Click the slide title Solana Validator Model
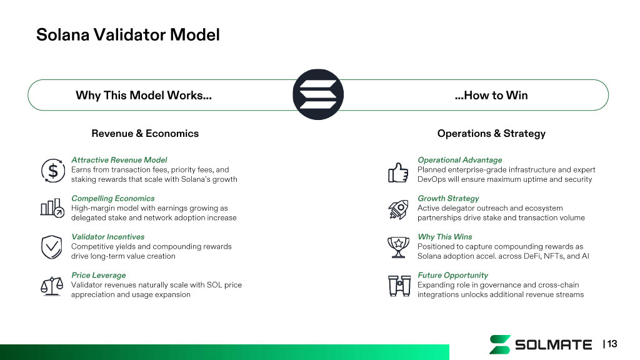coord(127,34)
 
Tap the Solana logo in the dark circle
coord(318,95)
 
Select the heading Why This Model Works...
coord(143,96)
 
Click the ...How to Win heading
coord(491,96)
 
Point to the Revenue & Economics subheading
coord(145,133)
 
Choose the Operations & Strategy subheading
coord(491,133)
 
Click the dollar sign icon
coord(52,170)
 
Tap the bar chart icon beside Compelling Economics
coord(51,208)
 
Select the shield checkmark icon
coord(51,247)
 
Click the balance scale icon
coord(52,284)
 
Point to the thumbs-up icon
coord(398,171)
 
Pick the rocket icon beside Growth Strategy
coord(398,209)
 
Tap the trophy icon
coord(398,246)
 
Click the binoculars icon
coord(398,285)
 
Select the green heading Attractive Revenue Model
coord(119,160)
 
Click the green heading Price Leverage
coord(98,275)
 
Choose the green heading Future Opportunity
coord(452,275)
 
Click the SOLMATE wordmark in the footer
coord(553,344)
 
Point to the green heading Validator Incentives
coord(107,237)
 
